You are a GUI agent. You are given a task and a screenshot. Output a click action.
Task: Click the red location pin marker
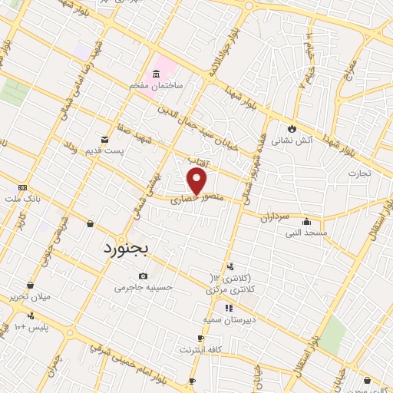click(197, 181)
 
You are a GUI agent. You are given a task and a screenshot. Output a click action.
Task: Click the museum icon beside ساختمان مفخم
click(157, 75)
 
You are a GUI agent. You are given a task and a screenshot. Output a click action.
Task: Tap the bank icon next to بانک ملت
click(22, 187)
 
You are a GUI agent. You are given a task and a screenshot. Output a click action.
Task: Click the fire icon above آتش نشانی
click(292, 127)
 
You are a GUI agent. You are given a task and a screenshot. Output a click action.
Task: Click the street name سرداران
click(273, 217)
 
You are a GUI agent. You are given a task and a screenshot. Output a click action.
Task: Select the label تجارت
click(358, 173)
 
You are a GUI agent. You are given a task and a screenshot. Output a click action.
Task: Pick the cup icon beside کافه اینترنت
click(201, 339)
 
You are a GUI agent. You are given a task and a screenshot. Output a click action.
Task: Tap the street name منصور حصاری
click(201, 200)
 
